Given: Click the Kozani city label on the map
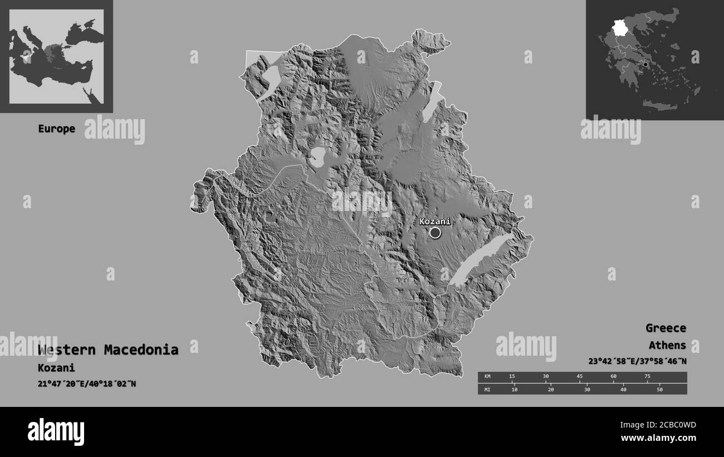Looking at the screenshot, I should tap(434, 221).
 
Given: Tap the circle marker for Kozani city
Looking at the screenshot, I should tap(435, 233).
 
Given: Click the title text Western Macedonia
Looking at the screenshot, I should tap(108, 350).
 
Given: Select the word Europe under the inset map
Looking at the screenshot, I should tap(56, 129).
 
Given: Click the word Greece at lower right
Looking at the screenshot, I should tap(666, 328).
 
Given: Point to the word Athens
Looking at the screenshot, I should tap(667, 345).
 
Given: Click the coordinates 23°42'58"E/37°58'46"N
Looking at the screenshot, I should tap(637, 361).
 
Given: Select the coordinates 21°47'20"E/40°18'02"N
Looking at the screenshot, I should tap(87, 384).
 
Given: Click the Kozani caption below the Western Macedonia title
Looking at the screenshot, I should tap(56, 368).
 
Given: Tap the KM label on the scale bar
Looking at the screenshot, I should tap(487, 377).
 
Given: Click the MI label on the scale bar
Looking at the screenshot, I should tap(487, 389).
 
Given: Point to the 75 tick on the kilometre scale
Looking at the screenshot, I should tap(647, 377).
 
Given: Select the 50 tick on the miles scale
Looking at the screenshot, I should tap(659, 389).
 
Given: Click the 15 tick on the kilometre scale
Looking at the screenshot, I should tap(512, 377).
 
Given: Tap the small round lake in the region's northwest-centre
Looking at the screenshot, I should tap(319, 156).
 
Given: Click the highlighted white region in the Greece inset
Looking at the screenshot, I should tap(619, 28).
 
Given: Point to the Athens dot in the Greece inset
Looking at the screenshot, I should tap(645, 65).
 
